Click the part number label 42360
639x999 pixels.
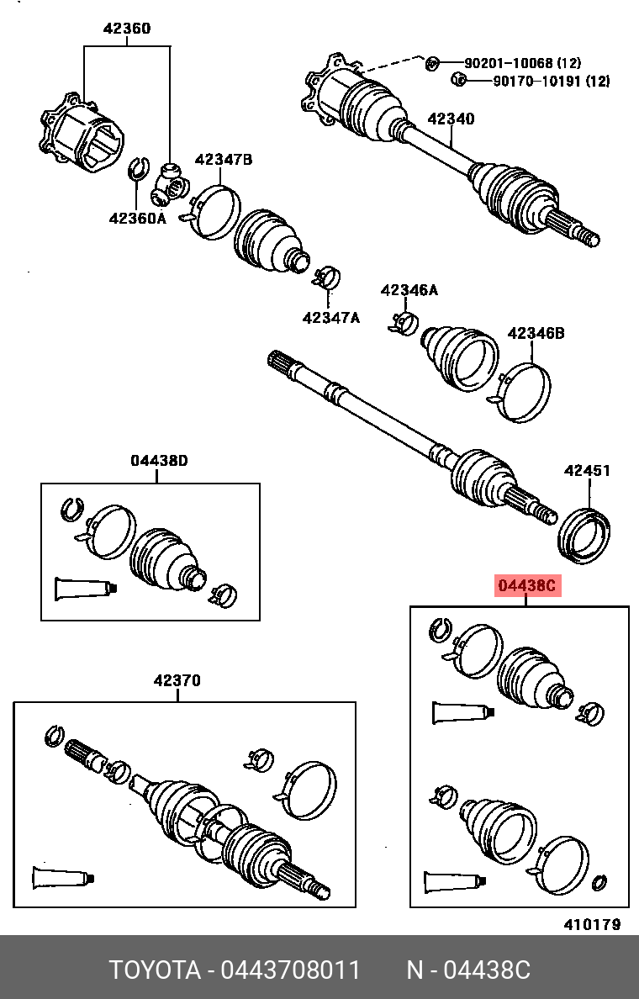coord(127,29)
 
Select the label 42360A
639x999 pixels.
coord(138,219)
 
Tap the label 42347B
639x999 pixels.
coord(224,160)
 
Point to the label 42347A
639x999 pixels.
coord(331,317)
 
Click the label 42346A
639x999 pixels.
coord(409,290)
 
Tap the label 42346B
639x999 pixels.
coord(536,334)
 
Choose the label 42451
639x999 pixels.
coord(587,471)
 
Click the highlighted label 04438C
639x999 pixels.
coord(527,586)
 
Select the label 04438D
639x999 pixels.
coord(159,460)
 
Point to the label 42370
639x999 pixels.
coord(177,681)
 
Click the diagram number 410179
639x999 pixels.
coord(592,924)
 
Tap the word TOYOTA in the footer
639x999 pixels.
coord(155,970)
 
